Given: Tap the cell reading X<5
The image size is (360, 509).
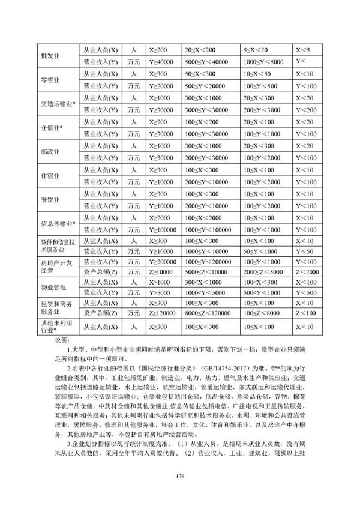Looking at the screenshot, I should click(303, 50).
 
